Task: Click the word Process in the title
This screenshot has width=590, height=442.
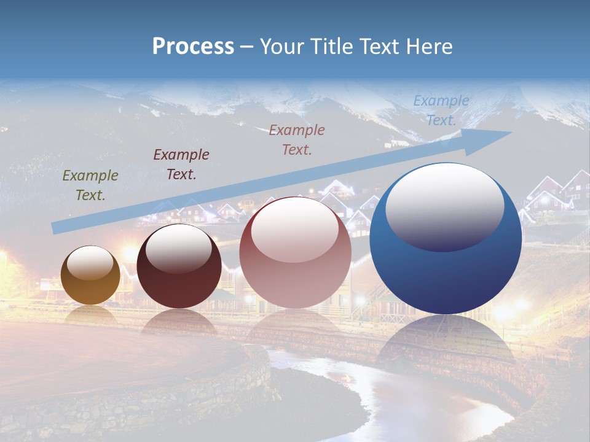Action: [193, 47]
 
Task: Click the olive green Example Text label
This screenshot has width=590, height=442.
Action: [90, 185]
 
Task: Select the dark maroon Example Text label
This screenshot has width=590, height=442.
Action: [181, 165]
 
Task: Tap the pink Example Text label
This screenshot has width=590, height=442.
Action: [297, 139]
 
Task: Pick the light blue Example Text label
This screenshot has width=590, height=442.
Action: [441, 110]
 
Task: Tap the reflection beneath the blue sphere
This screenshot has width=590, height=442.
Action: [446, 344]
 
